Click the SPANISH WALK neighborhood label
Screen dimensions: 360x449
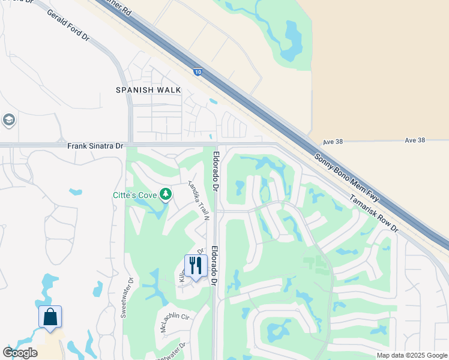coord(148,90)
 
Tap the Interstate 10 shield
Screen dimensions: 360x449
coord(197,72)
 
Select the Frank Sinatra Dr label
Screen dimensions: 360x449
coord(95,146)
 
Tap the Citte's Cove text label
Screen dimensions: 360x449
coord(134,194)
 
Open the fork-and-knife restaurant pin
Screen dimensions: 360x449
coord(196,266)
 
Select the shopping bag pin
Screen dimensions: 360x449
coord(50,317)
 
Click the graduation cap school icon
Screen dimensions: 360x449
coord(8,120)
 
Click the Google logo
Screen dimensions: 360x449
coord(20,353)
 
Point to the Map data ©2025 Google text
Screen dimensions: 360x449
coord(412,355)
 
